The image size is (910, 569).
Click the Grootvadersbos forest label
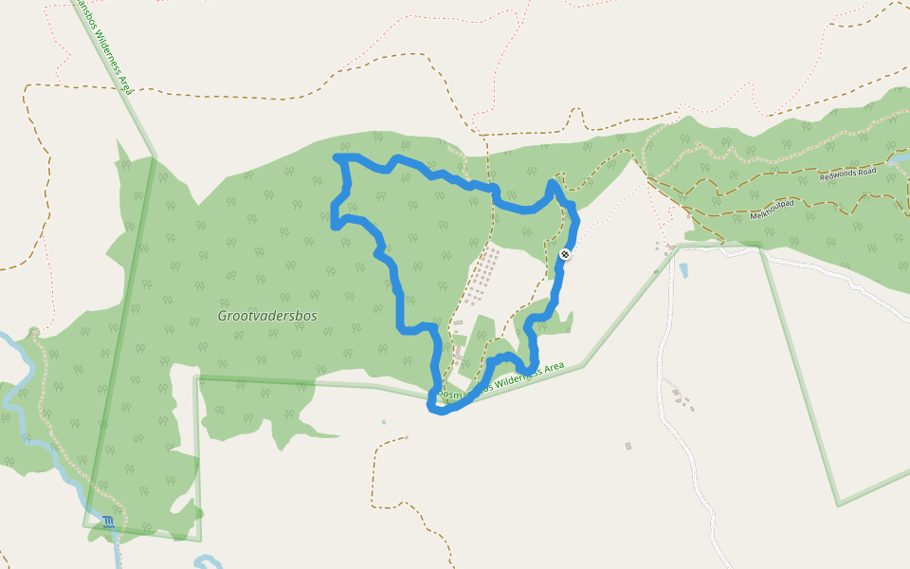[267, 316]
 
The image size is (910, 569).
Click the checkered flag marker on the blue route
[566, 254]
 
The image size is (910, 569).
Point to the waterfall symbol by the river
[109, 522]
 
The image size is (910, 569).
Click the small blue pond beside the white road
[683, 270]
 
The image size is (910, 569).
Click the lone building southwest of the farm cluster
[628, 446]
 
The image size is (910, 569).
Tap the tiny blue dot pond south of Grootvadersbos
[383, 422]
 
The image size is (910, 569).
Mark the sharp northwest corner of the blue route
[336, 156]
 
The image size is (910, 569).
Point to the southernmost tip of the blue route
[437, 410]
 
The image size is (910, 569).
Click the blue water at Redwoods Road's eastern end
[897, 159]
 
